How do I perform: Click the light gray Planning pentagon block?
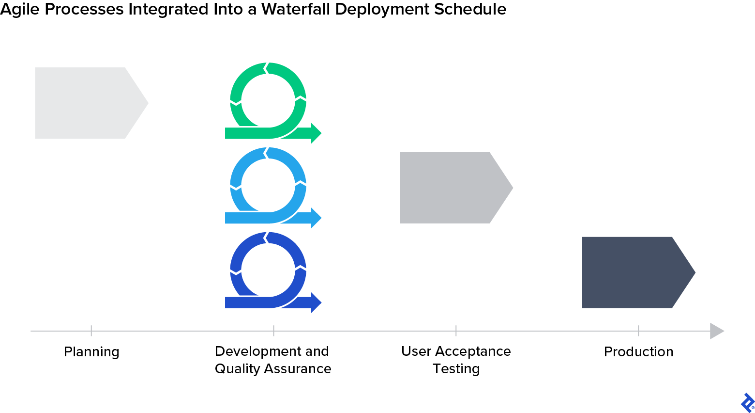(x=87, y=103)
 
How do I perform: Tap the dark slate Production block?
(x=634, y=272)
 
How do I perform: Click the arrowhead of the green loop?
(x=316, y=133)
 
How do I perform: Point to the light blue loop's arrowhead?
(x=316, y=218)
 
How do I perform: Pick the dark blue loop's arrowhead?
(x=316, y=302)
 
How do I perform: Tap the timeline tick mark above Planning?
(x=91, y=331)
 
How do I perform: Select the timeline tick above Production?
(x=638, y=331)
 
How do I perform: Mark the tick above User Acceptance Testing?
(x=456, y=331)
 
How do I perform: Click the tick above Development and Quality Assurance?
(x=273, y=331)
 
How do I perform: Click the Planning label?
(x=91, y=351)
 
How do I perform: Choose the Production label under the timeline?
(x=638, y=351)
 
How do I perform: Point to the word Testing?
(x=456, y=369)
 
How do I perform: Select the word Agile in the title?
(x=20, y=9)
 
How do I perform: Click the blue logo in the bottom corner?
(x=747, y=403)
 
